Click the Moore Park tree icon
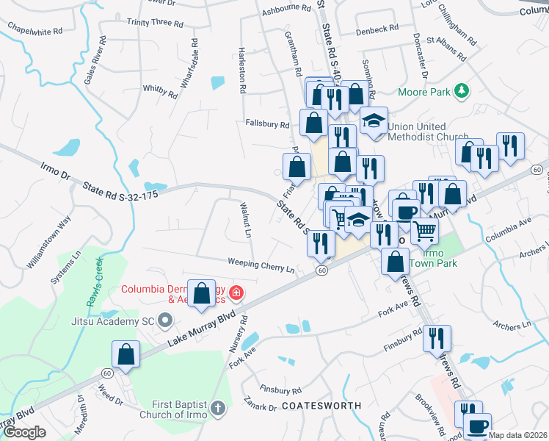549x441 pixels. (x=462, y=92)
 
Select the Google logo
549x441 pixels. (x=24, y=432)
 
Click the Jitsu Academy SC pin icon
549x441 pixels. (x=164, y=320)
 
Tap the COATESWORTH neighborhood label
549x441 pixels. (x=321, y=406)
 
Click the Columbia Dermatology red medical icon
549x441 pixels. (x=236, y=294)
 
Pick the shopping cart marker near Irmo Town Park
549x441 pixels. (x=424, y=230)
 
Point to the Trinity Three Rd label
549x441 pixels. (x=155, y=24)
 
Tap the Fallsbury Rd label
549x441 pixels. (x=266, y=123)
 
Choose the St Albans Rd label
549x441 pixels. (x=446, y=51)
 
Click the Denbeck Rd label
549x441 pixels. (x=377, y=29)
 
